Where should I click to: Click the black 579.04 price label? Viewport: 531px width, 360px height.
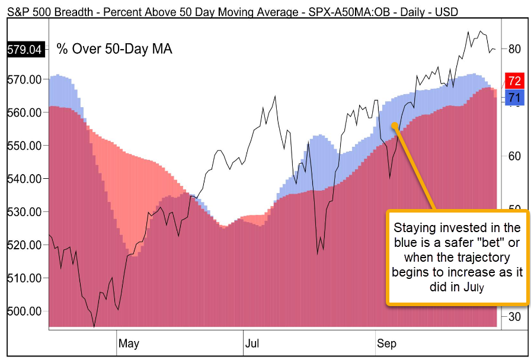pos(24,50)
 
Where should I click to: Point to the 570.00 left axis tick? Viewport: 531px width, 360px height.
pos(24,79)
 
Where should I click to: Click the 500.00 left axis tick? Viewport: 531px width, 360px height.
pos(24,311)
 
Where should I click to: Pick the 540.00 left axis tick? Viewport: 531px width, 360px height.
pos(24,179)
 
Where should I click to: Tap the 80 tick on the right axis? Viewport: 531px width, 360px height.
pos(514,49)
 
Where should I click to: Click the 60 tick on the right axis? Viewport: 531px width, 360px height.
pos(514,156)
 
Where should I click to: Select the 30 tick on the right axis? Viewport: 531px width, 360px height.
pos(514,317)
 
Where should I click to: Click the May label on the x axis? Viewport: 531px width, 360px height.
pos(129,343)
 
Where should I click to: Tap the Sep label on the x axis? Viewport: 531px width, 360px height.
pos(387,343)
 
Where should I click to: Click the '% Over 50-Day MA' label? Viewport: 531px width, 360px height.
pos(114,49)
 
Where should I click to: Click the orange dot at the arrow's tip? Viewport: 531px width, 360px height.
pos(394,125)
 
